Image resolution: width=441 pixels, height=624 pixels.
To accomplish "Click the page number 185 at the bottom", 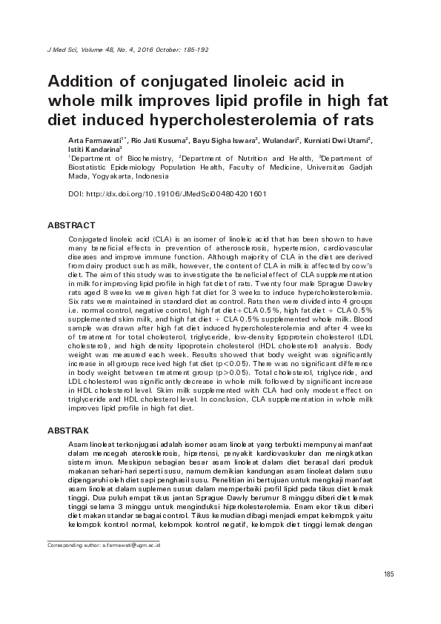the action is pos(388,575).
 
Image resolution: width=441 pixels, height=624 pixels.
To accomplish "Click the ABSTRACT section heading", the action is pos(71,225).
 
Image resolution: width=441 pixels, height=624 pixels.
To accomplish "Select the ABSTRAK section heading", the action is pos(68,430).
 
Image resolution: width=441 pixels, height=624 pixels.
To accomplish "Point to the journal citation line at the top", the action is pos(127,50).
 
